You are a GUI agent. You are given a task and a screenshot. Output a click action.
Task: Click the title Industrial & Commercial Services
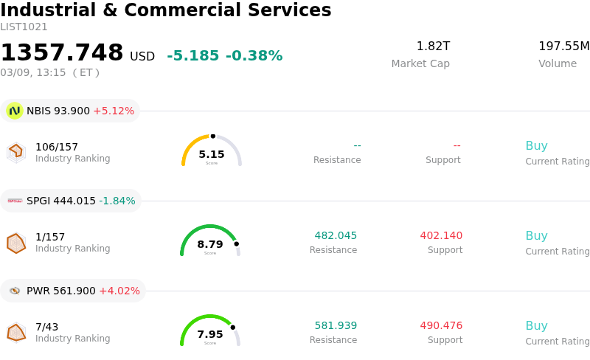166,11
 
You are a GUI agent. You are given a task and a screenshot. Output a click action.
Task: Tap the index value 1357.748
62,53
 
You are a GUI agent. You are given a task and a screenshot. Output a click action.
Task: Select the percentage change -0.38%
254,56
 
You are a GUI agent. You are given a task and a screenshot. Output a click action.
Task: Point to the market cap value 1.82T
433,46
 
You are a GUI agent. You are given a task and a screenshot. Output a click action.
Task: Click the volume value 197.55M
563,46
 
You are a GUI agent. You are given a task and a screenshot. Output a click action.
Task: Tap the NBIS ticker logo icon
15,111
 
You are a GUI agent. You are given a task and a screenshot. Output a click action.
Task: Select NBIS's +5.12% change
114,111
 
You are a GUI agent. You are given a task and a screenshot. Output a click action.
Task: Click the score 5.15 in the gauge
212,155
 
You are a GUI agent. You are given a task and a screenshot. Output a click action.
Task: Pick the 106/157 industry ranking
57,147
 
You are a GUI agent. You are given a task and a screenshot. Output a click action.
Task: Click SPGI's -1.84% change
117,201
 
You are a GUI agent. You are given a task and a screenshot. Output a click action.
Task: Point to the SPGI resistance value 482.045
336,236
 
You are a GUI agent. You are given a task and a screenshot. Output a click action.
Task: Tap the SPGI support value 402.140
441,236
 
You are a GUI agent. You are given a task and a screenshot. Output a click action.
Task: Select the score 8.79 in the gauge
210,245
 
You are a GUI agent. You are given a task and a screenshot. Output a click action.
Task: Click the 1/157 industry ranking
50,237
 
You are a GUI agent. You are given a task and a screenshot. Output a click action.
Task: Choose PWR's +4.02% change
119,291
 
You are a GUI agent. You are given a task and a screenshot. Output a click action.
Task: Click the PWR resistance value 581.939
336,326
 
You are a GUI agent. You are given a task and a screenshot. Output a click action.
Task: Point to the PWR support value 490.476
441,326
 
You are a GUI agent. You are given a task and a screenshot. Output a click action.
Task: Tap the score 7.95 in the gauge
210,335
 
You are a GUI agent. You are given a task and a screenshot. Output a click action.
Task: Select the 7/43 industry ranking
46,327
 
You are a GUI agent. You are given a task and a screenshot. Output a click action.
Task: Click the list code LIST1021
24,27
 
